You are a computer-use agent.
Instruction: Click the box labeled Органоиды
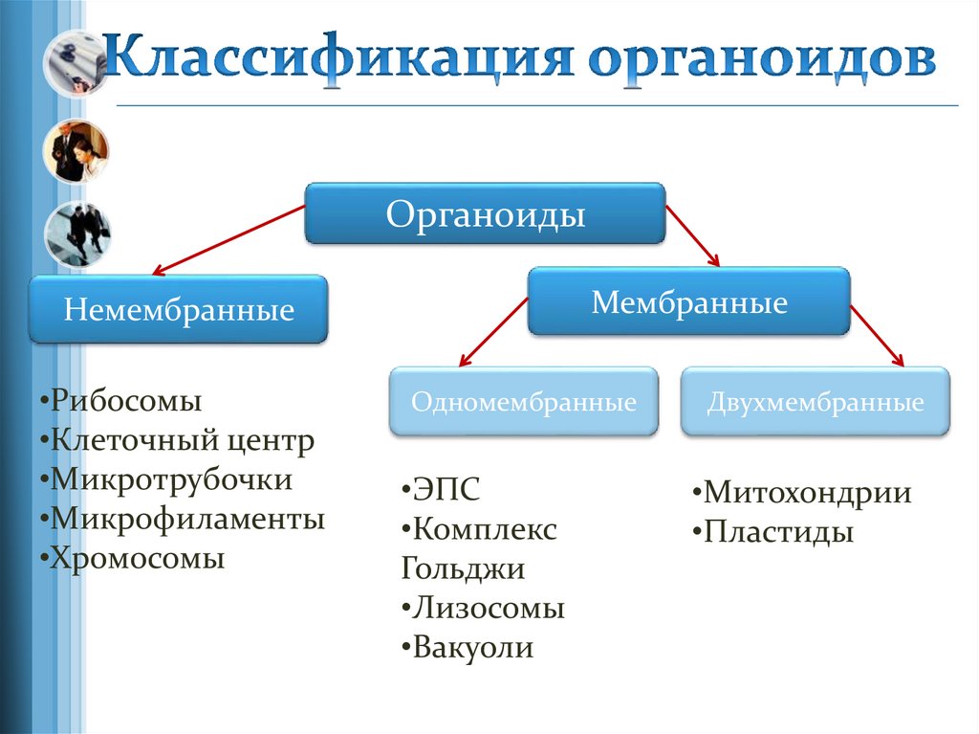click(x=485, y=213)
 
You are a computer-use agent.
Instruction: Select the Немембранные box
click(x=179, y=309)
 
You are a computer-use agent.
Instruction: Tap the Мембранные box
click(x=688, y=302)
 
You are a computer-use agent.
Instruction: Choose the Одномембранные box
click(x=523, y=402)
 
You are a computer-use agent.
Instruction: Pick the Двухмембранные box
click(x=816, y=402)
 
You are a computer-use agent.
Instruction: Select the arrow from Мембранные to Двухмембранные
click(x=878, y=336)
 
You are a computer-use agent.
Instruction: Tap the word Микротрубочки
click(x=172, y=479)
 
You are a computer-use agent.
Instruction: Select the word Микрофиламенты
click(x=188, y=519)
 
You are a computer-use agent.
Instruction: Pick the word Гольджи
click(x=463, y=568)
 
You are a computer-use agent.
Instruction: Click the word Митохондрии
click(x=807, y=494)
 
